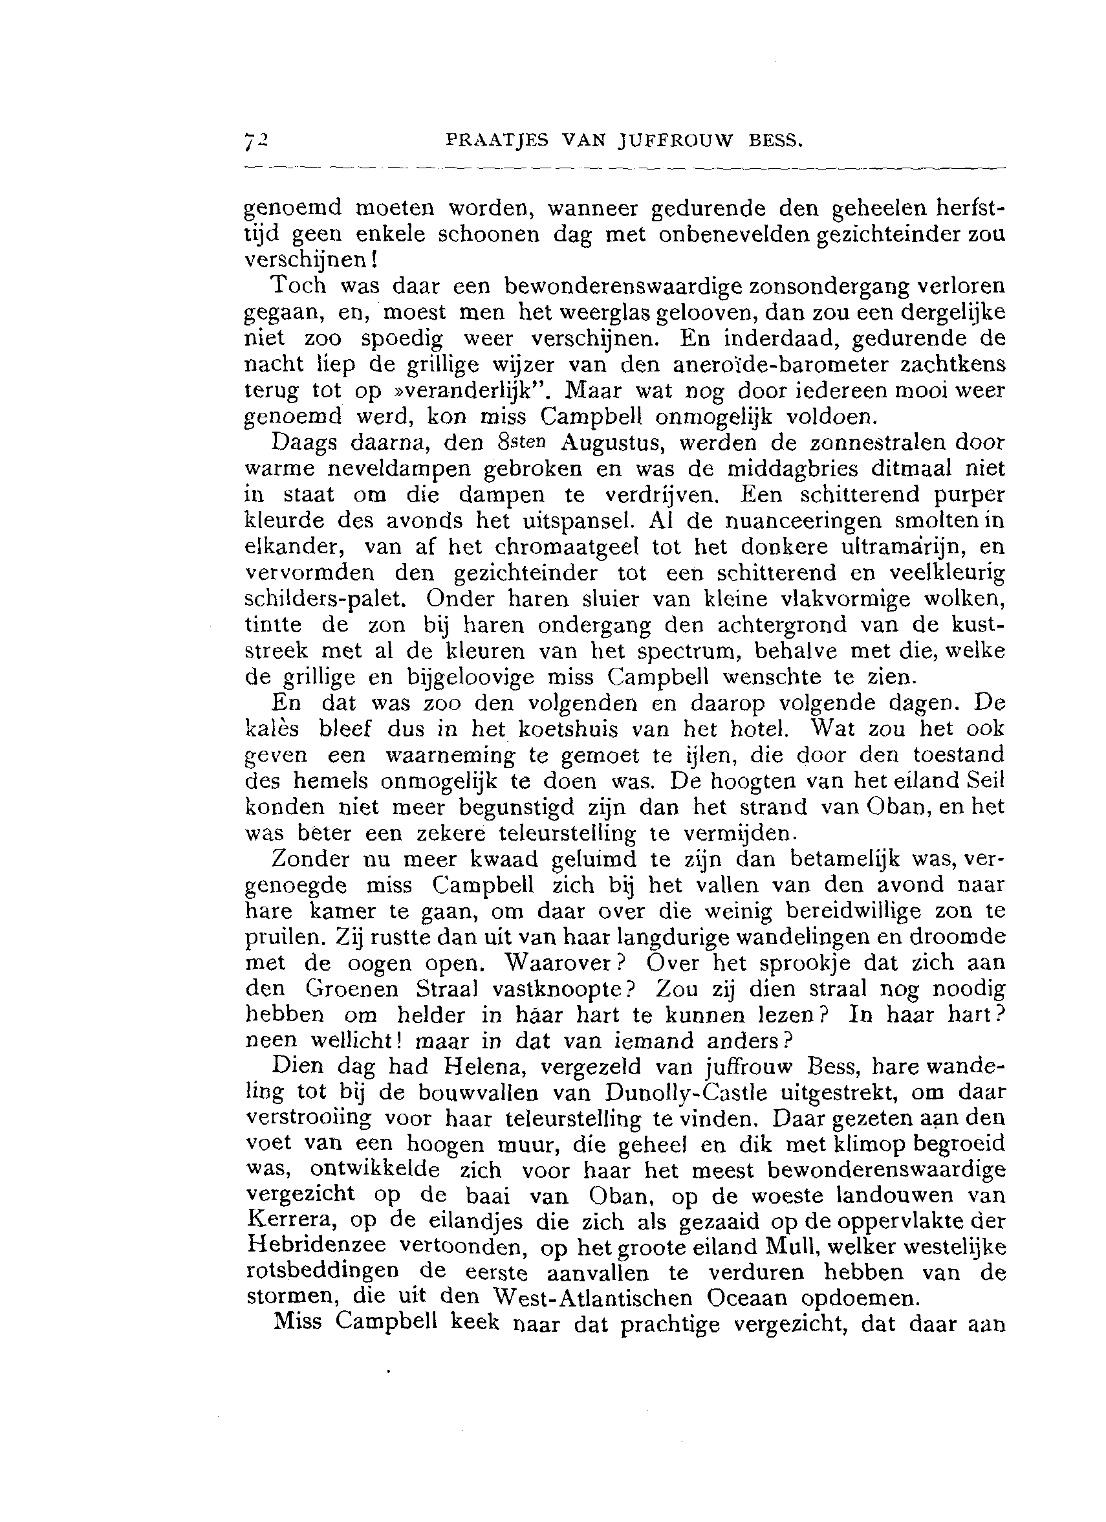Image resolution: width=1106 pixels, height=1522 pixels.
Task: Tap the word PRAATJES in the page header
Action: coord(497,141)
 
